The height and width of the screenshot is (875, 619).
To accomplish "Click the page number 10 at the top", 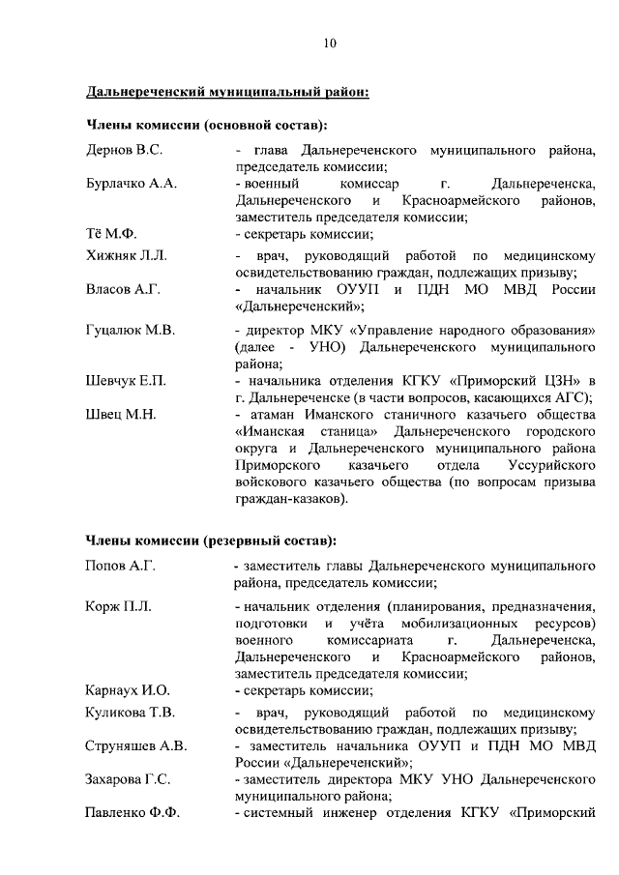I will pos(330,43).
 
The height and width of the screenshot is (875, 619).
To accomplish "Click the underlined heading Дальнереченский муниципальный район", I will pos(227,92).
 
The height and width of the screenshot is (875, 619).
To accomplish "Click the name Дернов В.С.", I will pos(124,151).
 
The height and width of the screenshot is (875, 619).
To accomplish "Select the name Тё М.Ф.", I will pos(112,233).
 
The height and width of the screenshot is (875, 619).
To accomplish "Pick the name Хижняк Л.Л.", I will pos(127,256).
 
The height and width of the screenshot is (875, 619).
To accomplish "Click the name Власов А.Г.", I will pos(123,289).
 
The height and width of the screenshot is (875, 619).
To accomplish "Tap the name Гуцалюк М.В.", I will pos(131,331).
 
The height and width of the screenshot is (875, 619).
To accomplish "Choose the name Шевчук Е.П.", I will pos(126,381).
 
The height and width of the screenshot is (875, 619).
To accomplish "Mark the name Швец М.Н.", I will pos(121,414).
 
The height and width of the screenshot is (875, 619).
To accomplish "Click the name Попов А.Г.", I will pos(121,565).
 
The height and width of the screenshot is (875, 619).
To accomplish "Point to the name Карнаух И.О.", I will pos(128,689).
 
